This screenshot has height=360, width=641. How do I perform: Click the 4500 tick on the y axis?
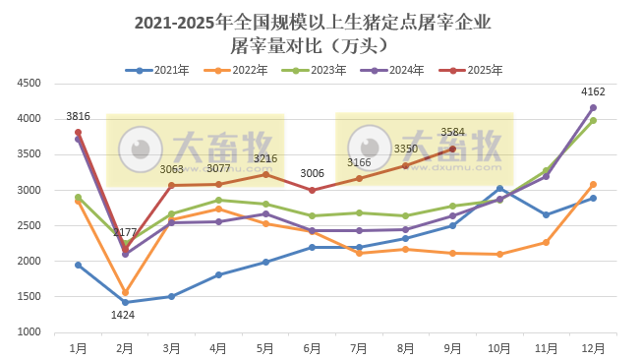27,84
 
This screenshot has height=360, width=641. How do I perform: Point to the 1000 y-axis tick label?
27,332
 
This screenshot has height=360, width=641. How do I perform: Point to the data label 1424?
124,316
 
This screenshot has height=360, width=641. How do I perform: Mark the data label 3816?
78,117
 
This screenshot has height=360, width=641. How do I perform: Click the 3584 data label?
453,132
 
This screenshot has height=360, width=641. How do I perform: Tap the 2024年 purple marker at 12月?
593,107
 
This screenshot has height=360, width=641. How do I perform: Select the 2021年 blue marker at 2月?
125,302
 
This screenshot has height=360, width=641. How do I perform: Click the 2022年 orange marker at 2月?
125,292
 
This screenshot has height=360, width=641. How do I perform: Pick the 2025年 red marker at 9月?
452,149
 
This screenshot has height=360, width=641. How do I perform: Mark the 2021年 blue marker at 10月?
499,189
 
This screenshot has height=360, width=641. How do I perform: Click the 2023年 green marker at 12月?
593,120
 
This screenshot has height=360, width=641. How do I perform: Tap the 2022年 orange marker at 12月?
593,184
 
